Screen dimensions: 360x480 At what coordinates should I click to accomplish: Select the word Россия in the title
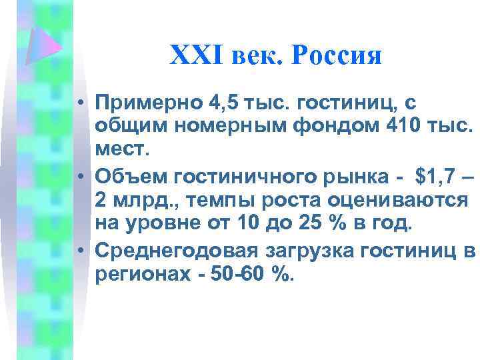point(338,55)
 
